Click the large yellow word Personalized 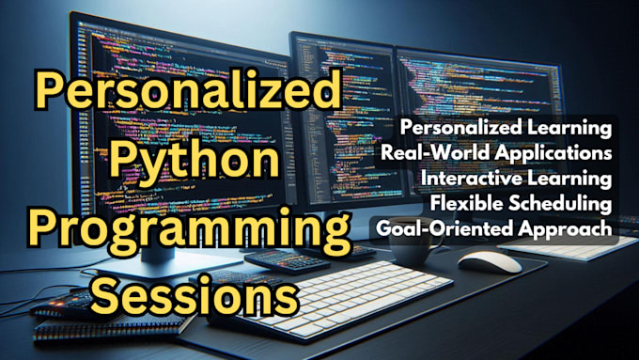coord(184,95)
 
